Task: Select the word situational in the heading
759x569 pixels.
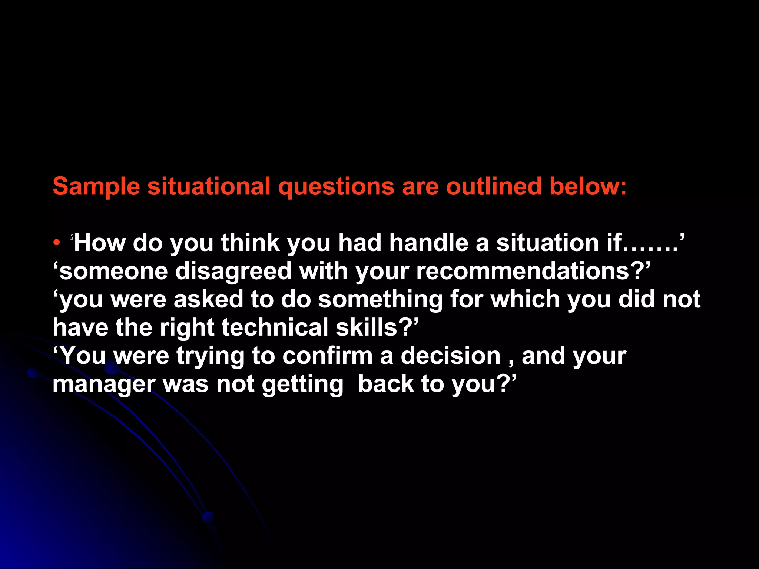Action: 209,186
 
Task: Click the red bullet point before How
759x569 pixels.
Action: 56,243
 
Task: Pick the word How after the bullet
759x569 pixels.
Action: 100,243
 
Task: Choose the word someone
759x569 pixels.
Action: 113,272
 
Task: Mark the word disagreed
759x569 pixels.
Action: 233,272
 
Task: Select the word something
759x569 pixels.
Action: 380,300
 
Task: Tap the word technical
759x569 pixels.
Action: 275,328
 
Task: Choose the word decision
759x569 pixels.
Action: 451,356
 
